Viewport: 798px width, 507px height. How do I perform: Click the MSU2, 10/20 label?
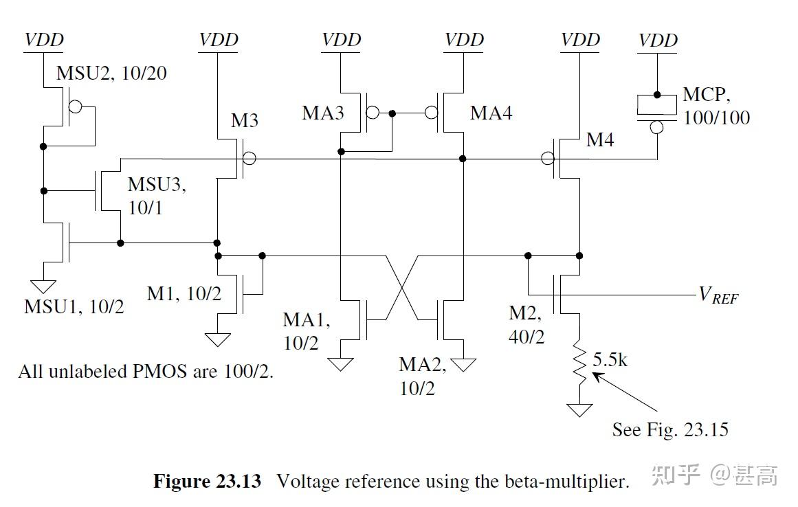111,74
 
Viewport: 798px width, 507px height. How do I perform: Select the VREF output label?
718,295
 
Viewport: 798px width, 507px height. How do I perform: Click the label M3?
244,121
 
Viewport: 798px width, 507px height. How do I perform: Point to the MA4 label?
491,113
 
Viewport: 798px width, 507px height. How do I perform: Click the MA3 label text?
322,113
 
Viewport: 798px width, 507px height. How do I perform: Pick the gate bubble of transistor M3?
250,159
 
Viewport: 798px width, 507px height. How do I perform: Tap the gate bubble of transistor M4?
548,159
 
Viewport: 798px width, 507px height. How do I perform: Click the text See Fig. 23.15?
669,430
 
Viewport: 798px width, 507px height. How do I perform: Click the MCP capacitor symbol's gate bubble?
657,127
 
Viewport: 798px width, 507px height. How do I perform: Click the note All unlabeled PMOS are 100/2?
146,371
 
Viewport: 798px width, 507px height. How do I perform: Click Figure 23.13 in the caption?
207,481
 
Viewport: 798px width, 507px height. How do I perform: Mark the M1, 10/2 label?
184,293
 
